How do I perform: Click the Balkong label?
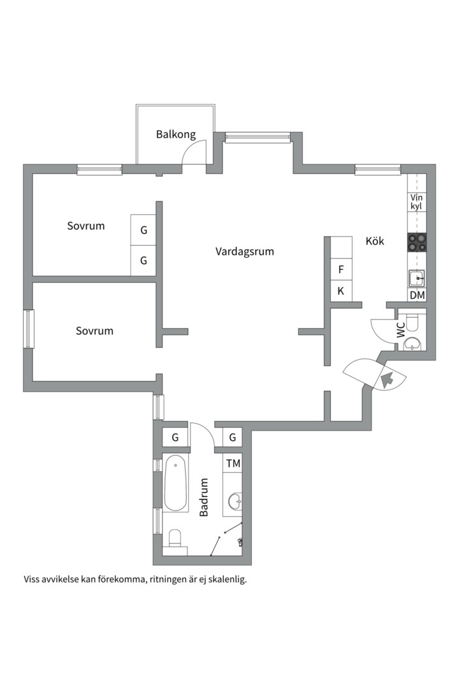point(176,135)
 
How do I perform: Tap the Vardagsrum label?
point(245,252)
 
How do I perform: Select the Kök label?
point(375,241)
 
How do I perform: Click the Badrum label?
point(203,497)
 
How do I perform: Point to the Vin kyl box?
point(417,202)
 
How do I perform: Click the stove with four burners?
point(417,242)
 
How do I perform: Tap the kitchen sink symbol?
point(416,279)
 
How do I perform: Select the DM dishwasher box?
point(418,295)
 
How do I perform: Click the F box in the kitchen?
point(341,269)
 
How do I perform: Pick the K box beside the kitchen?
point(341,291)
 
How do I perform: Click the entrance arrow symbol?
point(388,380)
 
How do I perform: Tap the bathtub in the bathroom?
point(176,483)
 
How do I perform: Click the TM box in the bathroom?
point(233,463)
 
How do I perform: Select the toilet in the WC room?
point(413,323)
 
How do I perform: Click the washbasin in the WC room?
point(412,344)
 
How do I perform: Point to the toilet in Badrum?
point(175,538)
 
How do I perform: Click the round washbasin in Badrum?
point(235,500)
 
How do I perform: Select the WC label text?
point(401,330)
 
